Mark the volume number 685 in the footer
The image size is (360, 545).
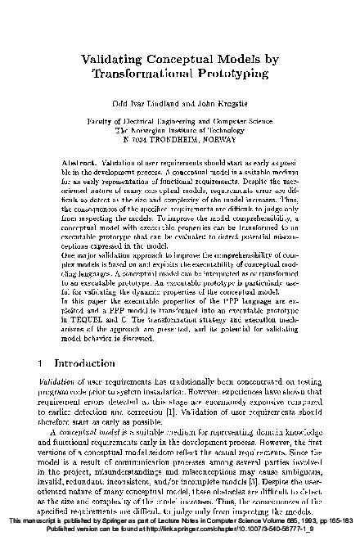[272, 521]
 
